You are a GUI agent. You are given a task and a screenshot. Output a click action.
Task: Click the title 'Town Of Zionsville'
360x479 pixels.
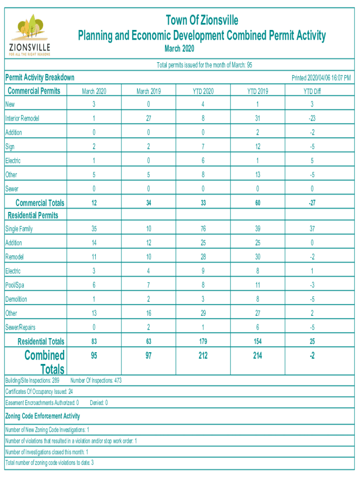[x=202, y=21]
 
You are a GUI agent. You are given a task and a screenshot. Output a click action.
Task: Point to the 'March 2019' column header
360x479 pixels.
[x=149, y=92]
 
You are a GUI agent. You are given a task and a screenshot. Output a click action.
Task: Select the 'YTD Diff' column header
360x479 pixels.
[x=311, y=92]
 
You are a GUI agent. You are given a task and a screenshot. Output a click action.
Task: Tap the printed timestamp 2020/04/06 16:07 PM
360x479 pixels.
[x=321, y=78]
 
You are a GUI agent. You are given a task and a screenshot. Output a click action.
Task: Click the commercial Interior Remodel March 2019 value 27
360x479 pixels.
[x=149, y=119]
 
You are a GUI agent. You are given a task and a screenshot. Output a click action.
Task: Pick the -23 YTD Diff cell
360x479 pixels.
[x=311, y=119]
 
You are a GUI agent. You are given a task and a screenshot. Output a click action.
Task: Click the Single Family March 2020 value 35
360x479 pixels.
[x=94, y=229]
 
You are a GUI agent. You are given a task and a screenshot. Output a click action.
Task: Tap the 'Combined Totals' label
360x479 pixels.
[x=45, y=362]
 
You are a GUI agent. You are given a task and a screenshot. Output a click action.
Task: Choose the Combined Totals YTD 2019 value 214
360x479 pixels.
[x=257, y=356]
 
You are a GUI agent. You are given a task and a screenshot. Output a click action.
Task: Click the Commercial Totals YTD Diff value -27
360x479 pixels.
[x=311, y=203]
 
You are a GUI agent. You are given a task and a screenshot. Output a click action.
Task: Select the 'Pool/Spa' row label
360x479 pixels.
[x=15, y=285]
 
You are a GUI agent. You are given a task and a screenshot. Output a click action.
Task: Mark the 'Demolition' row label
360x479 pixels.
[x=16, y=299]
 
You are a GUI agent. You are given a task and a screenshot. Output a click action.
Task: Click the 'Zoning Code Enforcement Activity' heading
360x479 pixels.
[x=43, y=416]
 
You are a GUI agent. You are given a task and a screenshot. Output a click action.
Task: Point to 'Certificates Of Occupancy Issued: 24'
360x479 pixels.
[x=39, y=392]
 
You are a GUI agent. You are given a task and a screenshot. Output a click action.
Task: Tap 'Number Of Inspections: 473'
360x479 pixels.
[x=96, y=381]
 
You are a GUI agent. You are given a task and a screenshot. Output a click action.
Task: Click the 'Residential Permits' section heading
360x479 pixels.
[x=33, y=216]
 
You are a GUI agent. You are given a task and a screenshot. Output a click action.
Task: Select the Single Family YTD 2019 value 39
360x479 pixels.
[x=257, y=229]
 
